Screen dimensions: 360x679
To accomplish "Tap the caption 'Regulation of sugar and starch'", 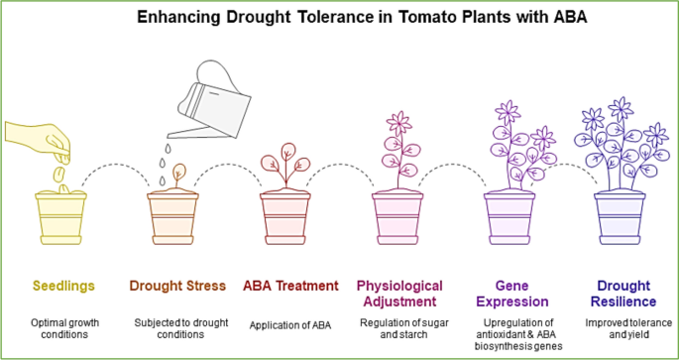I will (397, 329).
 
